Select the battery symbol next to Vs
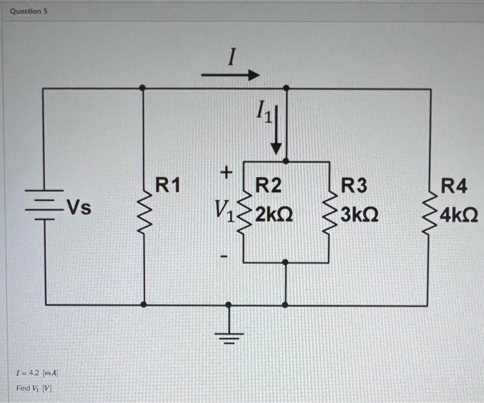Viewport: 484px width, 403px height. click(46, 205)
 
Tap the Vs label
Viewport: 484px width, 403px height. click(78, 207)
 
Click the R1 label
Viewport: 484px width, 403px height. click(167, 185)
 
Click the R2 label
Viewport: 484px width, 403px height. click(269, 185)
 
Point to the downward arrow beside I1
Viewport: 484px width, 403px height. click(277, 131)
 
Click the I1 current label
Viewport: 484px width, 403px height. click(266, 110)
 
